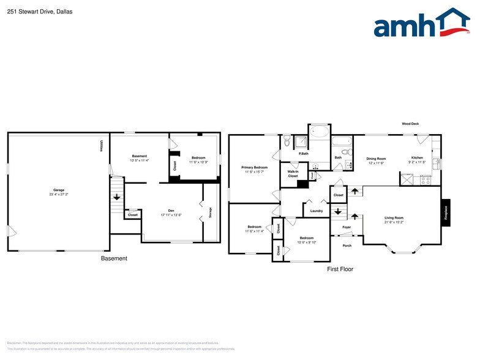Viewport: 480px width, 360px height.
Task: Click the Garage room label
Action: click(x=59, y=190)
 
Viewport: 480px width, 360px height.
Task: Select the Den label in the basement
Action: click(x=171, y=211)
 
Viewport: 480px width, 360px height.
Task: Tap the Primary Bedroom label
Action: click(x=254, y=167)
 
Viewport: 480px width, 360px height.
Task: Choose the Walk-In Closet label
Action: click(x=293, y=174)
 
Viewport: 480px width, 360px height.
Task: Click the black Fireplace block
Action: click(x=446, y=212)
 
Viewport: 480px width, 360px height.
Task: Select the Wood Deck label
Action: click(x=410, y=124)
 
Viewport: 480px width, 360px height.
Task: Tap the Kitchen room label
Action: click(x=417, y=157)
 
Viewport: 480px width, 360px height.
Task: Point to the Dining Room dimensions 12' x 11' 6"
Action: click(x=377, y=163)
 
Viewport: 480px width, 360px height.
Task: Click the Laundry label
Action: click(x=317, y=211)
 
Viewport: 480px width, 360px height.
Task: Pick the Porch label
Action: click(x=347, y=246)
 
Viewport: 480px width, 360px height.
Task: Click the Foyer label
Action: click(x=347, y=227)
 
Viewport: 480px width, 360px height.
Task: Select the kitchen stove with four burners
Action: click(x=426, y=180)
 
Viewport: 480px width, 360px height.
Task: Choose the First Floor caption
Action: click(x=340, y=269)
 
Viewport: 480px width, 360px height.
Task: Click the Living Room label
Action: click(x=394, y=218)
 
